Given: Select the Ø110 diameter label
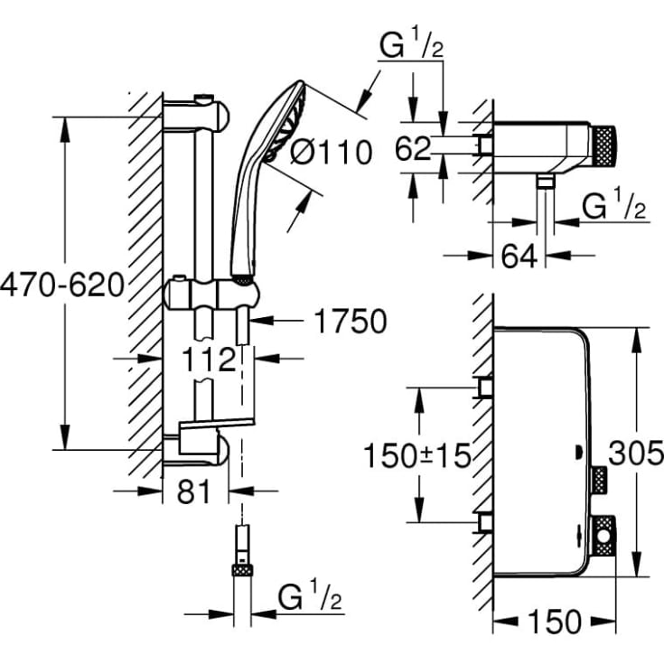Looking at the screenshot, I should click(331, 153).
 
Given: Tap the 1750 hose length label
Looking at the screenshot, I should click(350, 322).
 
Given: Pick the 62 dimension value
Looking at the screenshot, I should click(413, 149).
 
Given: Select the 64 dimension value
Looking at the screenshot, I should click(519, 256).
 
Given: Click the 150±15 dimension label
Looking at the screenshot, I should click(416, 457).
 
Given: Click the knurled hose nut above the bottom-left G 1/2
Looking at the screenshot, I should click(241, 569).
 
